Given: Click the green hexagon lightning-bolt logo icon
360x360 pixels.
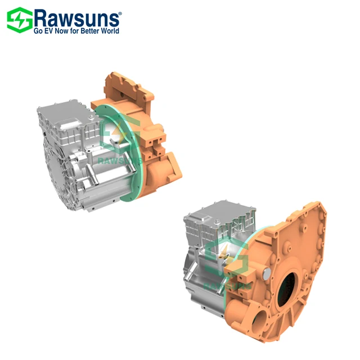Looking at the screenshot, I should [x=18, y=20].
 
